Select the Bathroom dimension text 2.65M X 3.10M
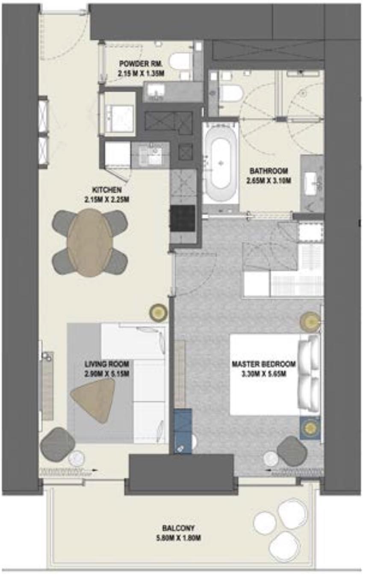click(x=269, y=181)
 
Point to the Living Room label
click(x=107, y=364)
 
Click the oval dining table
click(x=90, y=242)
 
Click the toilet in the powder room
click(x=179, y=61)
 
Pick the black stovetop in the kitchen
click(x=183, y=218)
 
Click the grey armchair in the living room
click(x=58, y=444)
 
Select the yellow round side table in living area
click(x=159, y=313)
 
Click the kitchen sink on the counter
click(x=152, y=155)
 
